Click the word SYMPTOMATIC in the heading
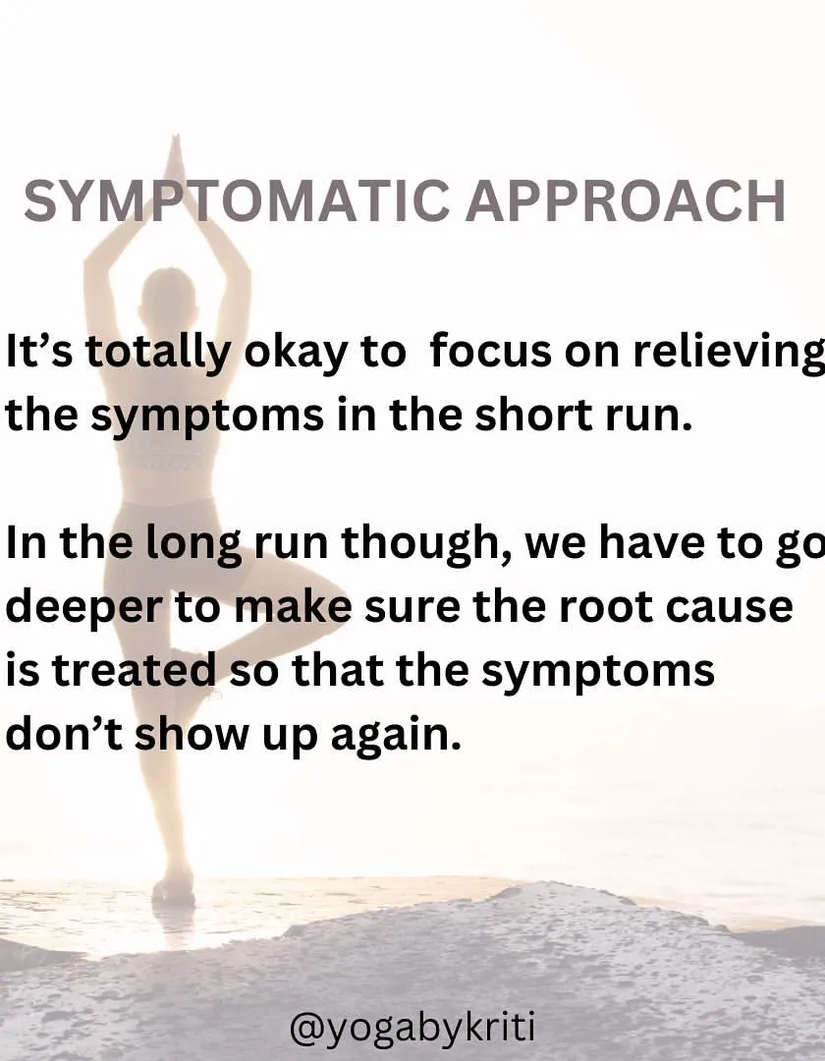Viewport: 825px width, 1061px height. point(237,201)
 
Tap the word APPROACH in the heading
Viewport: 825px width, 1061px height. point(626,201)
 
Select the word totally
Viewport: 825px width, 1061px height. point(158,354)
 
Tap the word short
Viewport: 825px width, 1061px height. point(533,415)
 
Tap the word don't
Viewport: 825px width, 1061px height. point(64,733)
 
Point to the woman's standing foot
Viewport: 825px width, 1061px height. point(173,885)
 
